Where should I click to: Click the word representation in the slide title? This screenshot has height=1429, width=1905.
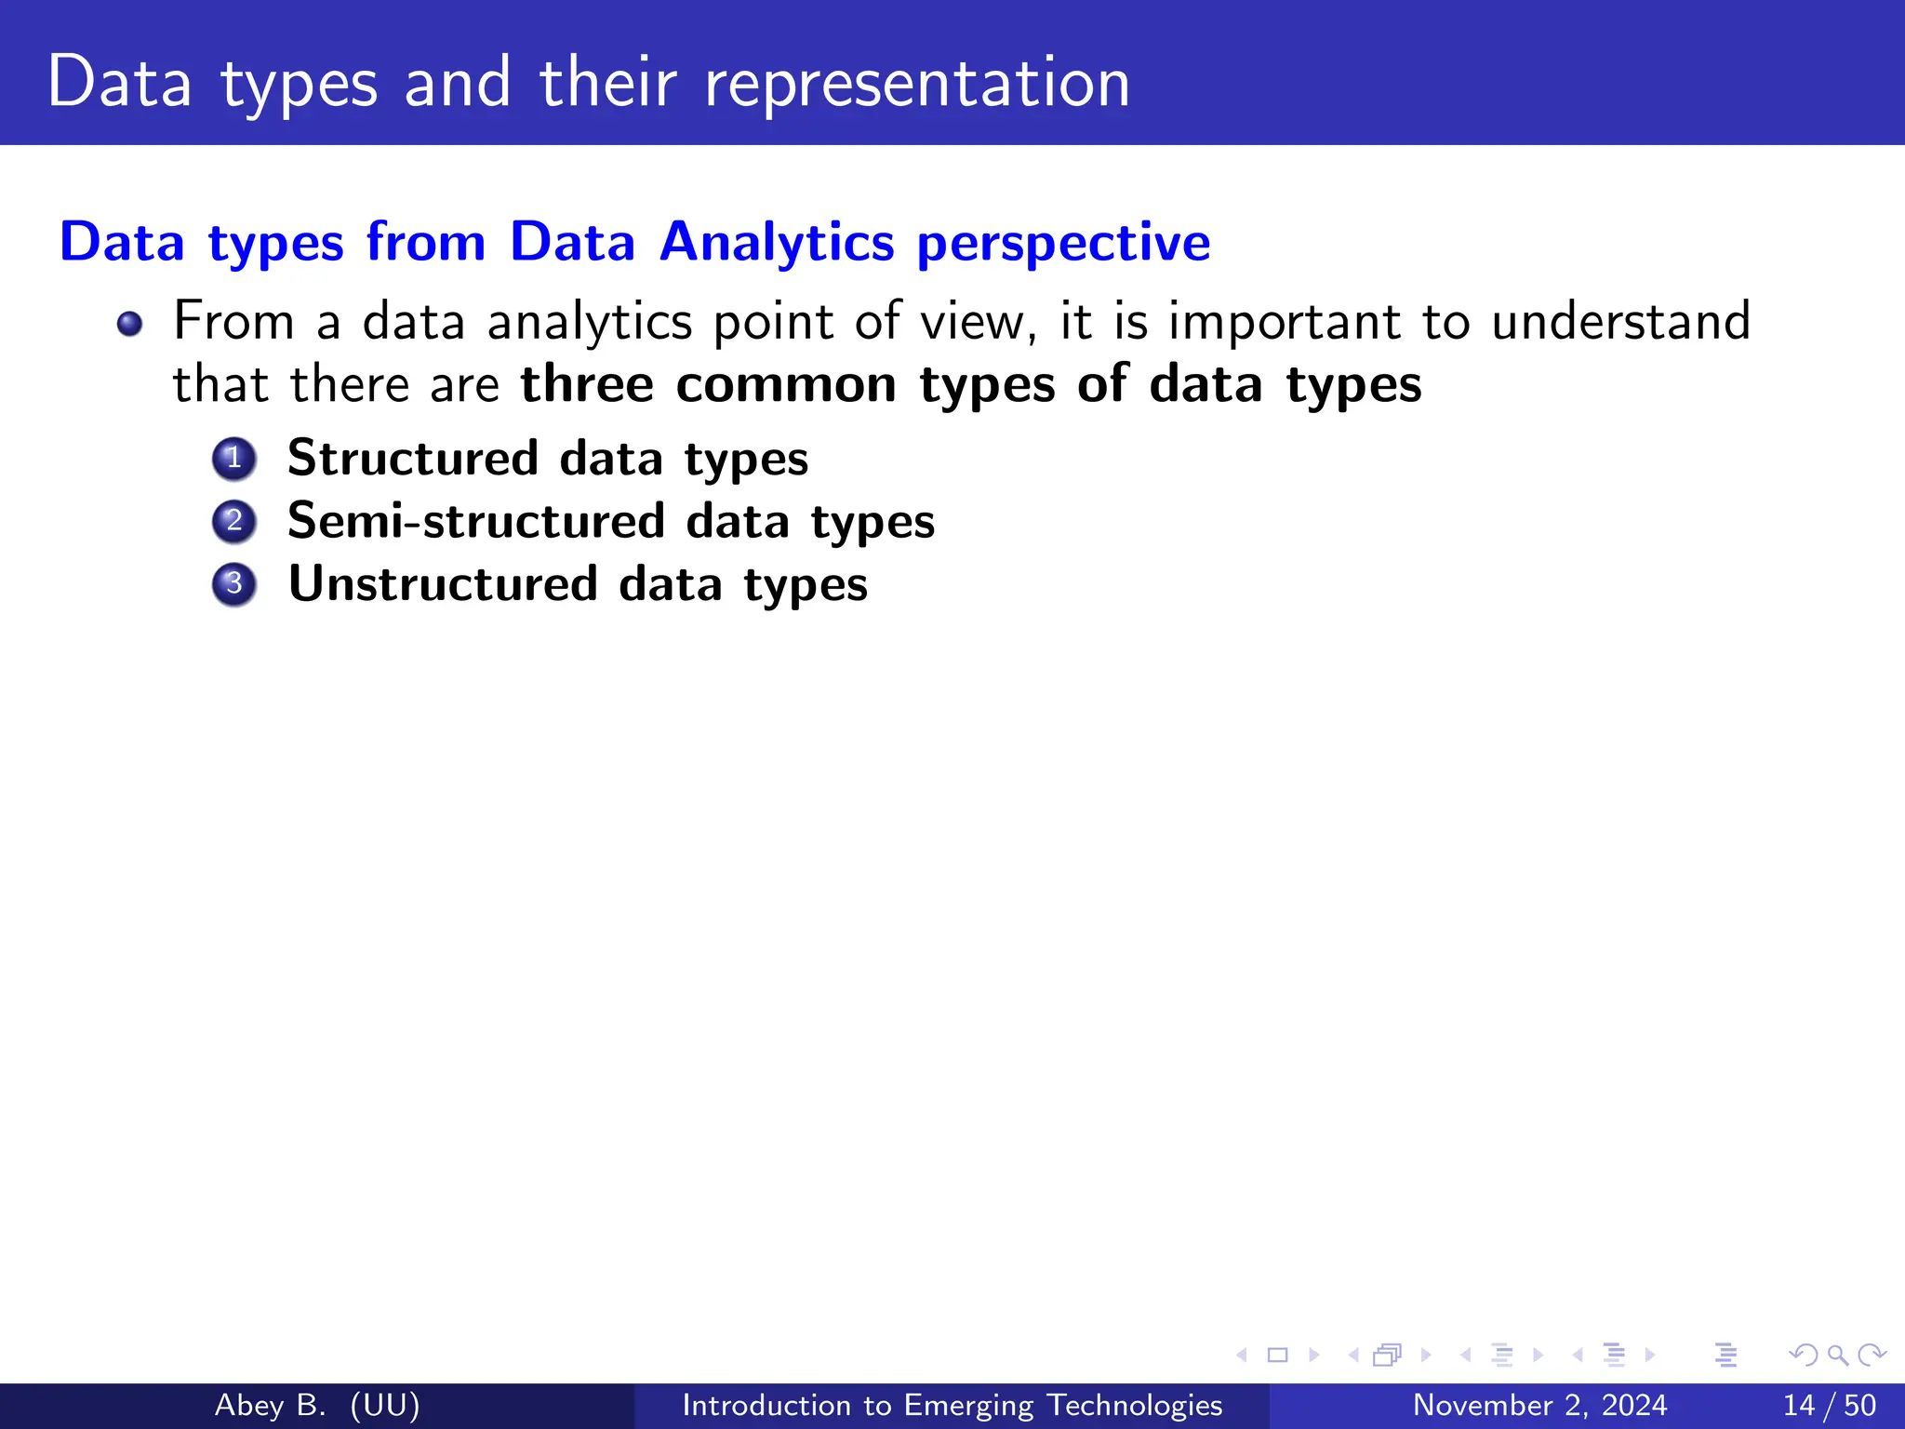click(916, 84)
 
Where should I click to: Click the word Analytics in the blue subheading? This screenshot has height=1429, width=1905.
click(777, 242)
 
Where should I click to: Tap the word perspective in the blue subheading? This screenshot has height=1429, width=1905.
click(1063, 244)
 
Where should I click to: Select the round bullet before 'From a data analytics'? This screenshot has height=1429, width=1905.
click(129, 324)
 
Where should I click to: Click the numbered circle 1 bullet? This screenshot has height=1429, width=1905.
click(233, 459)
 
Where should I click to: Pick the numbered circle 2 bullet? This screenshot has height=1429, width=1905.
click(233, 521)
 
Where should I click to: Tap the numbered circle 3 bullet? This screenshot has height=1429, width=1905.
click(233, 584)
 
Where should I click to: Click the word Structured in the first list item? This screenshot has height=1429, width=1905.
click(412, 458)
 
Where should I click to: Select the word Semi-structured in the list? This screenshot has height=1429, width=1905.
click(475, 520)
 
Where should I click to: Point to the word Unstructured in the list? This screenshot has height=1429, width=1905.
click(443, 583)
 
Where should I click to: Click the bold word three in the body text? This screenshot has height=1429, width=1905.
click(587, 384)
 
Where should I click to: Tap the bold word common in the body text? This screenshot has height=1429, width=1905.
click(786, 384)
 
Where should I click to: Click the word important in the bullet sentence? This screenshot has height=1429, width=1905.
click(1284, 322)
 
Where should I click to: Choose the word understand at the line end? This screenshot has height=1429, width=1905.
click(1620, 322)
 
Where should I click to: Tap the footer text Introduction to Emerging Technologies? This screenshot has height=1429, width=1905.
click(952, 1405)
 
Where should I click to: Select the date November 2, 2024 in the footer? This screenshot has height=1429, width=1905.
click(1539, 1405)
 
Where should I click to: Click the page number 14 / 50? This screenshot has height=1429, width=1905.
click(1829, 1405)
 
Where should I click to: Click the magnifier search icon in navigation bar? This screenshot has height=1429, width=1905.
click(1837, 1356)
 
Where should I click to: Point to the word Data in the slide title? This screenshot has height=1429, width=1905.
click(119, 84)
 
